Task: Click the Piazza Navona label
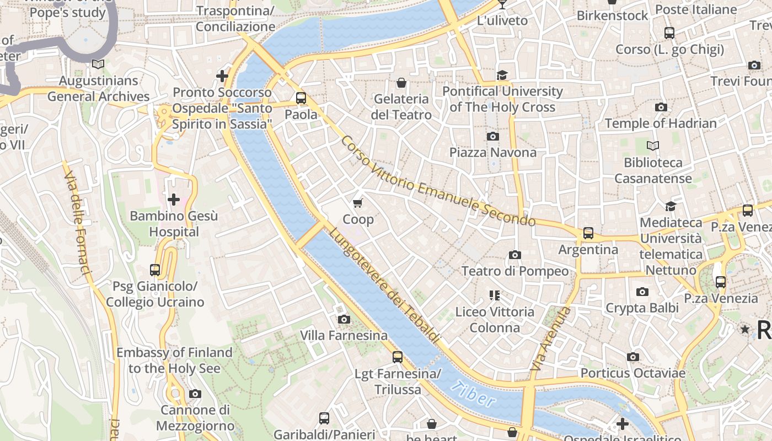click(x=492, y=152)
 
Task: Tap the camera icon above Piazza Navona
click(x=492, y=136)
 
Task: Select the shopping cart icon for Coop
click(x=358, y=203)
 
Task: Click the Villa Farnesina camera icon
click(x=344, y=319)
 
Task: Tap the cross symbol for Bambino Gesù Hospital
click(x=174, y=200)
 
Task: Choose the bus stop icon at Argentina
click(x=588, y=233)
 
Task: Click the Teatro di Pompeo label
click(x=514, y=271)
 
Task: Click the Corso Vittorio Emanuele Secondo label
click(x=437, y=180)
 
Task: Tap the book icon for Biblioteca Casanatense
click(x=653, y=146)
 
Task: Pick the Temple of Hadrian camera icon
click(x=661, y=107)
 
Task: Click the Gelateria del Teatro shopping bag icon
click(x=401, y=83)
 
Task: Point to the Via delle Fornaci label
click(x=77, y=222)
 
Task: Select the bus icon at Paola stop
click(x=301, y=98)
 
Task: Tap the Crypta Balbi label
click(x=642, y=308)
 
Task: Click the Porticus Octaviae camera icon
click(x=633, y=357)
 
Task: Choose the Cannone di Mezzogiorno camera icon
click(x=195, y=394)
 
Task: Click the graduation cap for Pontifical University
click(x=502, y=75)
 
